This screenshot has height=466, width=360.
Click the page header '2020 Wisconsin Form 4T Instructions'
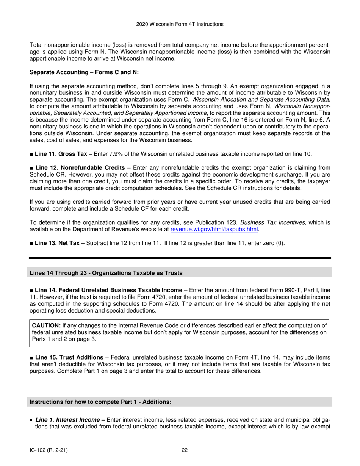click(180, 24)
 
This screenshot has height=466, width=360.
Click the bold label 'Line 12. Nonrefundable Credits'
click(80, 168)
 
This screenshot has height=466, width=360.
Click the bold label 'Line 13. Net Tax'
click(57, 243)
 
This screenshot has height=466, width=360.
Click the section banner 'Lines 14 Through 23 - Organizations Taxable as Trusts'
click(106, 273)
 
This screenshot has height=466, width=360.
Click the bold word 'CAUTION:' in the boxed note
click(46, 325)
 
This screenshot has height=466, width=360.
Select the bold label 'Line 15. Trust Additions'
click(69, 357)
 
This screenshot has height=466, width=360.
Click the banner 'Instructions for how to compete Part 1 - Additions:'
click(100, 402)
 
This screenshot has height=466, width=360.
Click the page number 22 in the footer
click(185, 450)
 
